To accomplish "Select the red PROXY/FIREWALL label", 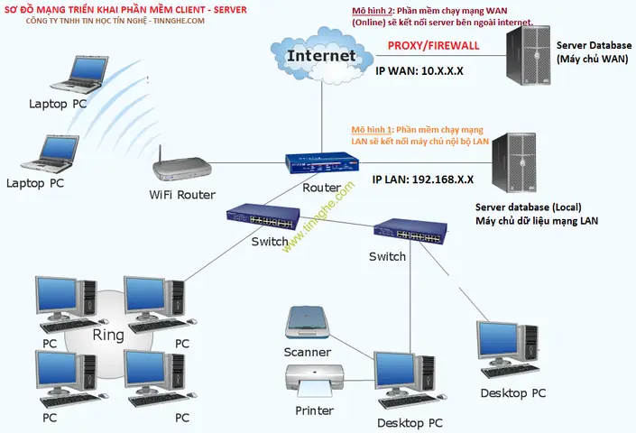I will click(x=433, y=45).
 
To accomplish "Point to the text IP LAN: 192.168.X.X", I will click(x=429, y=179).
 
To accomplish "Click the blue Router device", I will click(x=322, y=162).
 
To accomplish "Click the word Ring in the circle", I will click(x=108, y=336).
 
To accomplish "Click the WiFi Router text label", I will click(x=182, y=195).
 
